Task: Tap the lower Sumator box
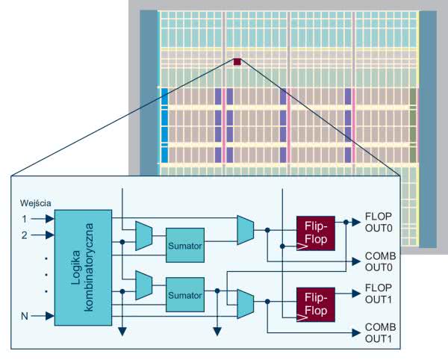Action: click(184, 295)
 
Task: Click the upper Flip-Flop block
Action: click(316, 232)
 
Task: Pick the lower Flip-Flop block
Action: click(316, 302)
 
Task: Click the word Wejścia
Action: click(35, 203)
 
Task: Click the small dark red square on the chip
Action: click(237, 61)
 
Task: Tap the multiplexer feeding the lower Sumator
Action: click(144, 284)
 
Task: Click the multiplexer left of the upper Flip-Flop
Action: click(245, 230)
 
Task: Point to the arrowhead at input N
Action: click(49, 316)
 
